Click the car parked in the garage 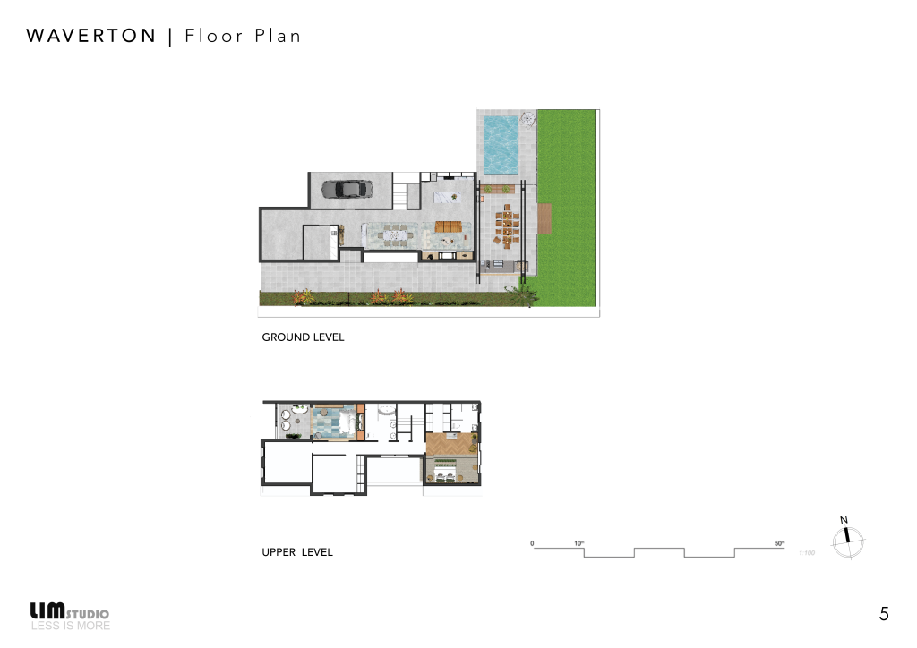click(x=344, y=189)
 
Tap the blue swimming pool click(x=500, y=143)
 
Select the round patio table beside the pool click(x=527, y=117)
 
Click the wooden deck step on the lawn click(x=544, y=217)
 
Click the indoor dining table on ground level click(x=390, y=236)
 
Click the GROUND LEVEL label click(x=303, y=337)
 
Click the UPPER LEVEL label click(x=297, y=552)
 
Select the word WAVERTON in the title click(x=91, y=37)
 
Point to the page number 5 click(x=884, y=614)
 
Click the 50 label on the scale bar click(x=778, y=543)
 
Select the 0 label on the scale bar click(x=532, y=543)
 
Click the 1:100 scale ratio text click(x=807, y=553)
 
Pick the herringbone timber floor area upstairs click(x=449, y=444)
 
